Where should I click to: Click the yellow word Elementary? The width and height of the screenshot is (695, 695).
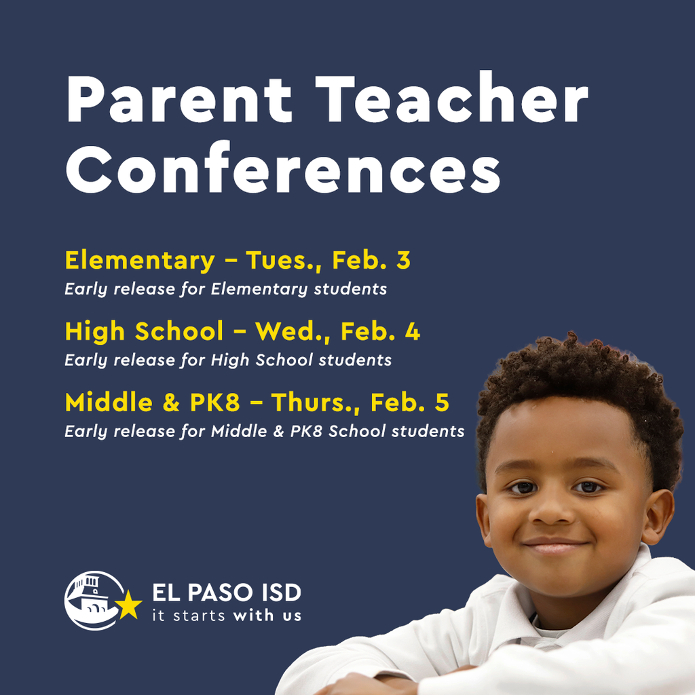(140, 261)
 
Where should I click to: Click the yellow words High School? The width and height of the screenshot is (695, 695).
(144, 332)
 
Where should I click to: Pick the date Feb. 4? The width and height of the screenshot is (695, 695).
(380, 332)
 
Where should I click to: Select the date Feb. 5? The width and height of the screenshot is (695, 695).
(410, 402)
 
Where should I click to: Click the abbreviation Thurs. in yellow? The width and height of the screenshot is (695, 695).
(316, 402)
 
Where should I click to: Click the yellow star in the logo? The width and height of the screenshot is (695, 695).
(128, 605)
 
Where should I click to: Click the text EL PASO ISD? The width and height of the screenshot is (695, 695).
(226, 593)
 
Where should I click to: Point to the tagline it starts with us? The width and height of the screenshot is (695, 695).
(226, 616)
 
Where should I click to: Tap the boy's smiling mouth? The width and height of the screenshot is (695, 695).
(555, 545)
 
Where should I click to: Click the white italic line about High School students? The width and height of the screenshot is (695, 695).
(228, 360)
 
